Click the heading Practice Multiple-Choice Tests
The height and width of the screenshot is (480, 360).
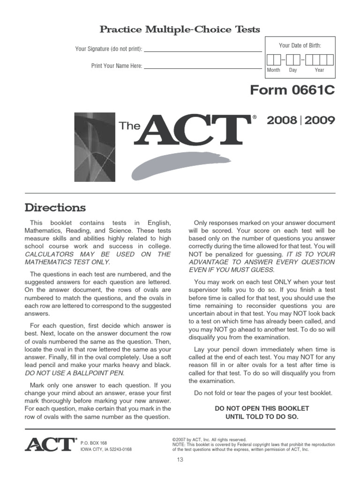click(180, 30)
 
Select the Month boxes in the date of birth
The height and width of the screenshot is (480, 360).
click(273, 60)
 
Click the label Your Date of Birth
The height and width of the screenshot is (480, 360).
click(300, 45)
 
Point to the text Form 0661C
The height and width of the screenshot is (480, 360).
click(292, 90)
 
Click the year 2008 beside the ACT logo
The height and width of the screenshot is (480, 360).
click(282, 120)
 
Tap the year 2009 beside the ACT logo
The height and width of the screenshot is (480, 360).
click(320, 120)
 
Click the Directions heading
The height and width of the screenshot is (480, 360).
click(55, 207)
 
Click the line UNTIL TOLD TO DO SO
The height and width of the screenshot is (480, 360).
click(262, 416)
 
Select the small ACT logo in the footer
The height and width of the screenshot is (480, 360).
click(51, 444)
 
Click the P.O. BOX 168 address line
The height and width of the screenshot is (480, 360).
click(94, 442)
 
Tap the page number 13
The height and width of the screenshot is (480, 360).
click(180, 460)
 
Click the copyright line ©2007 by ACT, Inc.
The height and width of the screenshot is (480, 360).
click(209, 440)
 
